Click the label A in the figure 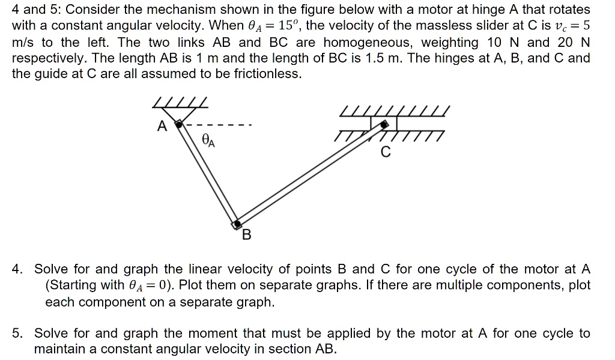(x=161, y=126)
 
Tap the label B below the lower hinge (x=246, y=235)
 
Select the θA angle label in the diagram (x=208, y=141)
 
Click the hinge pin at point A (x=178, y=124)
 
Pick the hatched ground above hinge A (x=180, y=103)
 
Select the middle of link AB (x=207, y=174)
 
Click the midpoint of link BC (x=310, y=173)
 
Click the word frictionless (x=265, y=74)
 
